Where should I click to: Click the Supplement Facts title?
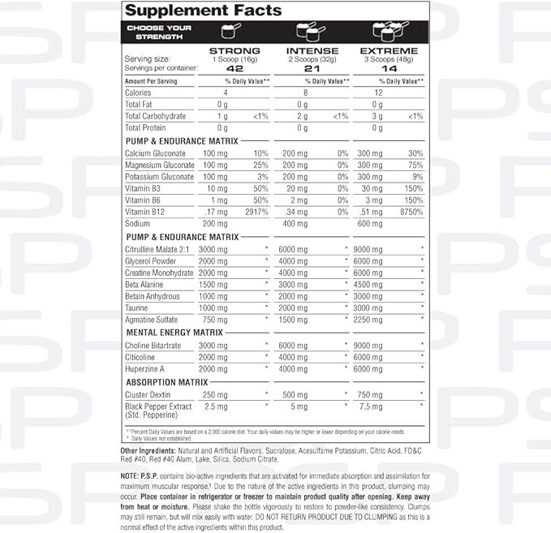pyautogui.click(x=204, y=11)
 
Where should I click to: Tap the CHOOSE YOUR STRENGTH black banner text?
pyautogui.click(x=158, y=32)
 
